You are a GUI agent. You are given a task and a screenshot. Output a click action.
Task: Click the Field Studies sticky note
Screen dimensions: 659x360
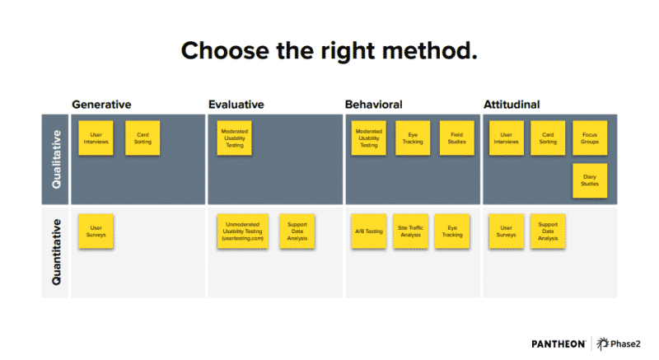tap(457, 138)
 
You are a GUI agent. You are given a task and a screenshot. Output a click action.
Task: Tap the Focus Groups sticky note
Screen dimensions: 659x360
tap(590, 138)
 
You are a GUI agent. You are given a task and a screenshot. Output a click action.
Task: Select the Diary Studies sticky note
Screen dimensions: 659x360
tap(590, 180)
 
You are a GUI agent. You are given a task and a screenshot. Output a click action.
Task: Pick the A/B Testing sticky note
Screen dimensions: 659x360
tap(368, 231)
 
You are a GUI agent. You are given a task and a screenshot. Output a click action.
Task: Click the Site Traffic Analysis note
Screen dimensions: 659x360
tap(410, 231)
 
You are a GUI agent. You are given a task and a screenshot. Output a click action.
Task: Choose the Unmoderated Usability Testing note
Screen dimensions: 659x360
tap(243, 231)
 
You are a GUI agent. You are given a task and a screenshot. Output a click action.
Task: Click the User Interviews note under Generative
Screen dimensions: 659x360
tap(96, 138)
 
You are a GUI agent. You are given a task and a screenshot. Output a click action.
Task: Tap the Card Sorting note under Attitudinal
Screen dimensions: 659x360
tap(548, 138)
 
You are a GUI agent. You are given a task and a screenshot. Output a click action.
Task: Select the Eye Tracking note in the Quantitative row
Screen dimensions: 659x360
tap(452, 231)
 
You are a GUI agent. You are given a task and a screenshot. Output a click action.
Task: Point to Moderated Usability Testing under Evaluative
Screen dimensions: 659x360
tap(235, 138)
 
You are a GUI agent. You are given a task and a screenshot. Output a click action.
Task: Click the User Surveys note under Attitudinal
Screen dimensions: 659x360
tap(507, 231)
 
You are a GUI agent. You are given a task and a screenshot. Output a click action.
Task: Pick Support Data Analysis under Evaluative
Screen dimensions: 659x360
tap(297, 231)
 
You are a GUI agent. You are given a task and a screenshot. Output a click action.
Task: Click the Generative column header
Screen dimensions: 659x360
tap(101, 105)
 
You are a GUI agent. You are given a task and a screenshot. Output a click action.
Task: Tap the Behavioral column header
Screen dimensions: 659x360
tap(374, 105)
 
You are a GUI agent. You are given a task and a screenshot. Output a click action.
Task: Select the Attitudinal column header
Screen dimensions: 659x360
tap(512, 105)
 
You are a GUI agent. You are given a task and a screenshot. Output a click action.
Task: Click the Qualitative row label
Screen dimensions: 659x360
tap(56, 159)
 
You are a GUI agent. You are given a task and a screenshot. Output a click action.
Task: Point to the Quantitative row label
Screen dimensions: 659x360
tap(56, 252)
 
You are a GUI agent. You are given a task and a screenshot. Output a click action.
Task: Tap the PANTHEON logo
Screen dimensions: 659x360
tap(559, 344)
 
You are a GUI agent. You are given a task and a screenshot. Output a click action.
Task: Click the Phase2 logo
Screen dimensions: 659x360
tap(619, 344)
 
